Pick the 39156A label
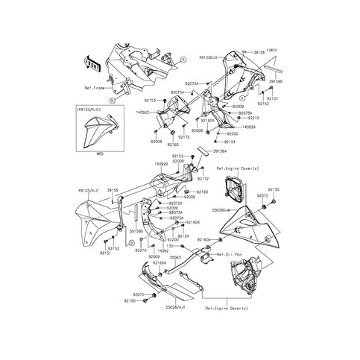coord(221,151)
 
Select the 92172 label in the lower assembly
coord(203,180)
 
